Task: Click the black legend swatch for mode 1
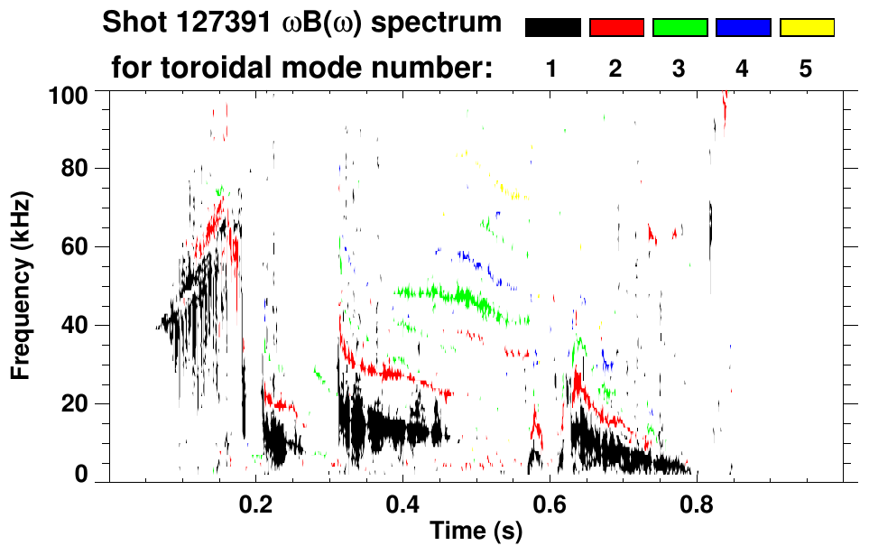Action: click(552, 28)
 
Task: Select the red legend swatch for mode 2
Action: click(616, 28)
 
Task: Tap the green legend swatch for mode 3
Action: click(679, 28)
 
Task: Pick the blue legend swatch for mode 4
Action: click(743, 28)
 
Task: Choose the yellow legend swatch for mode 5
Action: click(806, 28)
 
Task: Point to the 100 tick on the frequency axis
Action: click(69, 93)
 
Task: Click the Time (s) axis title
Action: click(475, 532)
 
